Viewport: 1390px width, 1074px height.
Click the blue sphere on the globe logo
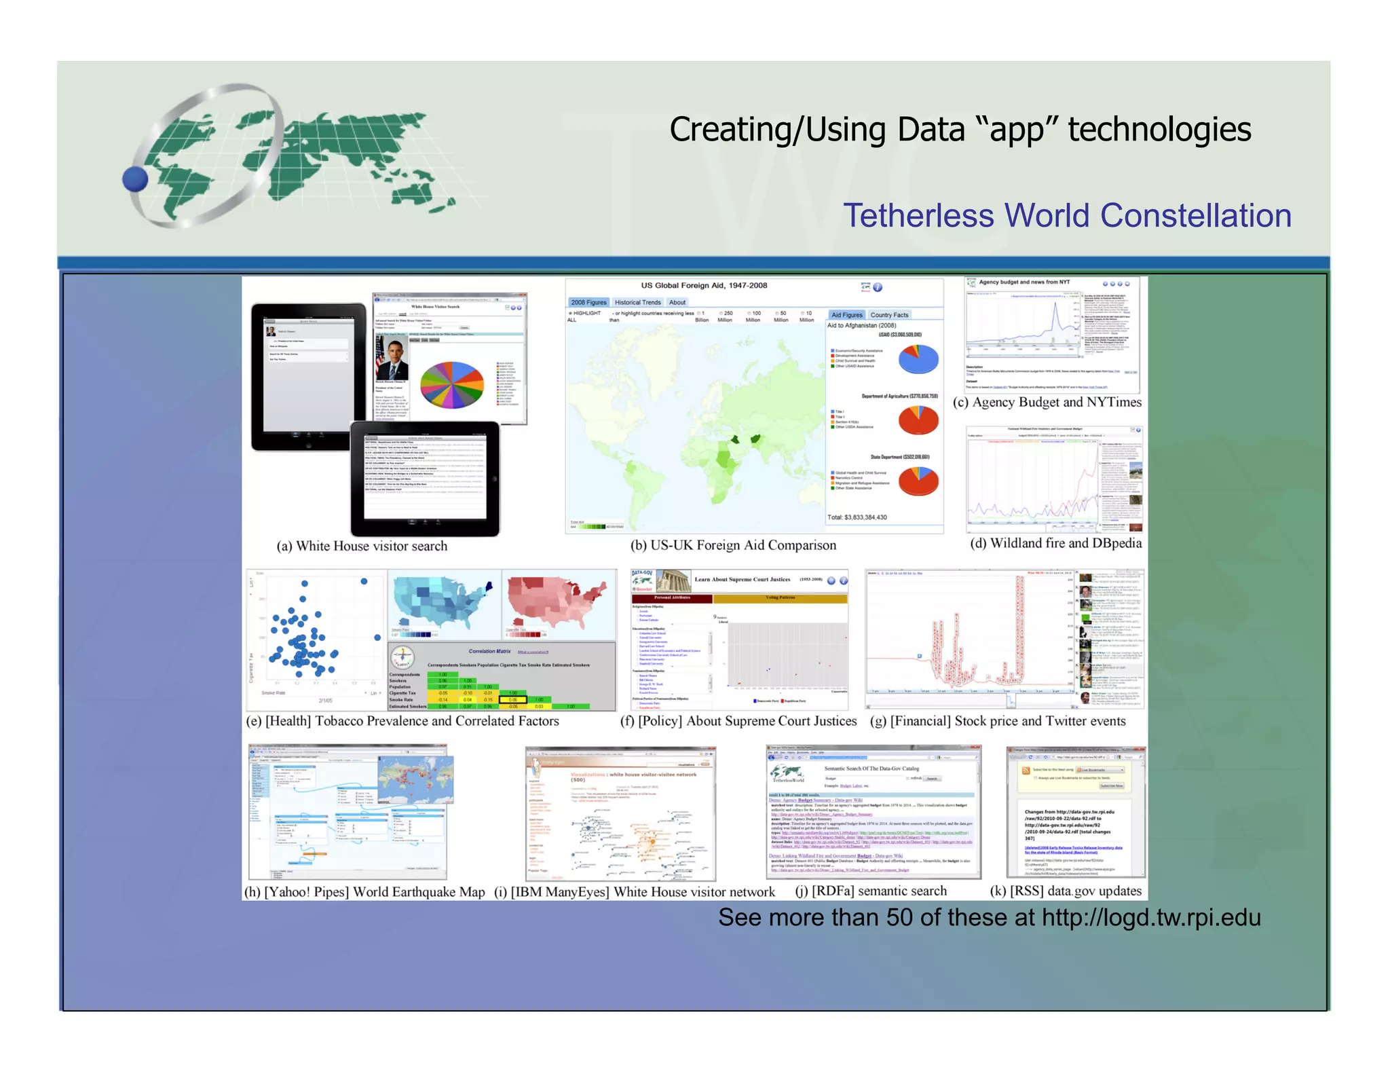tap(135, 180)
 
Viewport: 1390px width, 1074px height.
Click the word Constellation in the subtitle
tap(1195, 216)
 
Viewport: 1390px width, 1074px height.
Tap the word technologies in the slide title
tap(1159, 130)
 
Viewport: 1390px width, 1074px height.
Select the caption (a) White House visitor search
tap(362, 546)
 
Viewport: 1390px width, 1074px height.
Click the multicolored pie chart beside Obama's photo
tap(452, 384)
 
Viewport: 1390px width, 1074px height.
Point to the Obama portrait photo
tap(392, 358)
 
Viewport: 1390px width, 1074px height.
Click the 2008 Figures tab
tap(588, 302)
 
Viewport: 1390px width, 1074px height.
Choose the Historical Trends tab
tap(637, 302)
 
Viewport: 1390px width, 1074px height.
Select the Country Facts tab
tap(889, 315)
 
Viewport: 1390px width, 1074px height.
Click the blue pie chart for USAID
tap(918, 359)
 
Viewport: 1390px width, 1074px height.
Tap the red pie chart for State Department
tap(918, 481)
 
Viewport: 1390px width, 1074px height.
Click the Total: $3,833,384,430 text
tap(857, 517)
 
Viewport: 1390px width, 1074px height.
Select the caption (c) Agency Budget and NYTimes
tap(1047, 402)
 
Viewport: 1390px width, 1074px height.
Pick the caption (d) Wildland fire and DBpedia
tap(1055, 543)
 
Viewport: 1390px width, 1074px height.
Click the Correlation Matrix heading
tap(489, 651)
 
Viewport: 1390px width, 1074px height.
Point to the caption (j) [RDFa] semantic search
tap(871, 891)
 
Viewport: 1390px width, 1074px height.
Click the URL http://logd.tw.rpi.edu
tap(1151, 918)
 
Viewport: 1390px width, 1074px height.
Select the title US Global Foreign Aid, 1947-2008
tap(704, 285)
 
